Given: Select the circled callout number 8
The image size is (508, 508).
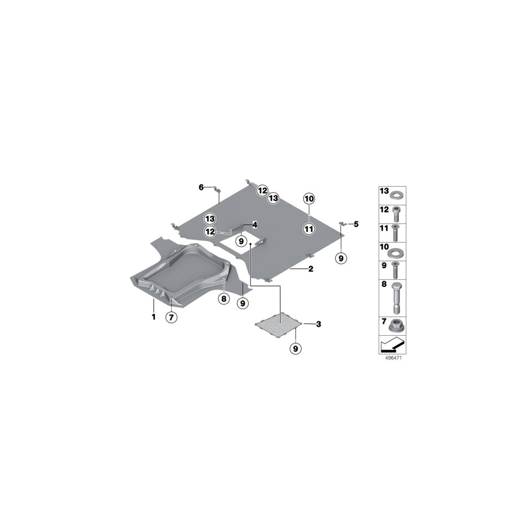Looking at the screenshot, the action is tap(224, 299).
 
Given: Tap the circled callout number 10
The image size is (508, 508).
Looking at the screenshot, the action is tap(309, 199).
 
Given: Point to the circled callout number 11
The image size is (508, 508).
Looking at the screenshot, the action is tap(309, 229).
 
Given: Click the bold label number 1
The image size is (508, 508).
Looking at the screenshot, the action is tap(153, 317).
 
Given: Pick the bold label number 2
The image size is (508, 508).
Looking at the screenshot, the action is tap(310, 269).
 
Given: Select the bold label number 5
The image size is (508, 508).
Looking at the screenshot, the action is tap(356, 224).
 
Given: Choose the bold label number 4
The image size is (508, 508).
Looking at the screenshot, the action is tap(255, 224).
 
